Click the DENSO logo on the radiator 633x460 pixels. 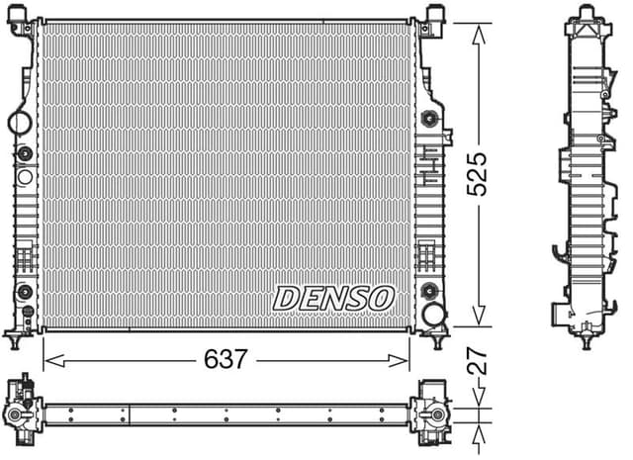[334, 296]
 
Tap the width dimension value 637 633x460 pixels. [226, 359]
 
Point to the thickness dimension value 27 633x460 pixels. [479, 361]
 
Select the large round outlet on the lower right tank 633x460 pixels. [432, 316]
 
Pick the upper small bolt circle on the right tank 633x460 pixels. [429, 120]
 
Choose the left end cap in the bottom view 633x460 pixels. [22, 410]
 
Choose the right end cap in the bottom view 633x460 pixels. [431, 410]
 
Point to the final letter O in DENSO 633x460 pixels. [382, 296]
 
